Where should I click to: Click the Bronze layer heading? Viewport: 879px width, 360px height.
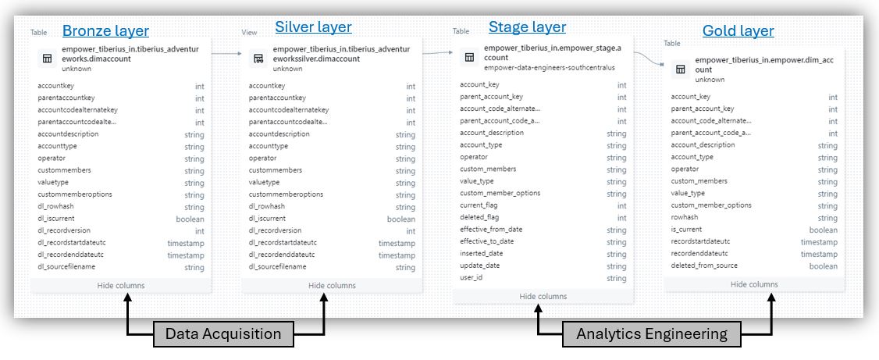pos(105,30)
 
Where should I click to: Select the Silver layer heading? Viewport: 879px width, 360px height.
pos(313,27)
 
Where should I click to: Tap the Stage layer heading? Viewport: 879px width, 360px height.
pos(527,27)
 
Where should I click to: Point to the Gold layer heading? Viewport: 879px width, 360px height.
pos(738,30)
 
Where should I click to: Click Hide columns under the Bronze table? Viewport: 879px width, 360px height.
pos(120,285)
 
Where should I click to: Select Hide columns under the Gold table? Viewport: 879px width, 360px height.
pos(754,284)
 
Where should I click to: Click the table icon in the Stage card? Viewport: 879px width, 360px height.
pos(470,57)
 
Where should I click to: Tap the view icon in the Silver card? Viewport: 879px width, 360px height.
pos(258,59)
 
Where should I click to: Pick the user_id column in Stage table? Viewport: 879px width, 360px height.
pos(471,277)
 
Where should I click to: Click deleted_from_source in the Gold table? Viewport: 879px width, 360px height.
pos(704,266)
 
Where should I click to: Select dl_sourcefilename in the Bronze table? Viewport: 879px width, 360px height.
pos(66,267)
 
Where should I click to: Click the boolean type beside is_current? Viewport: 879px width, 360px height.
pos(823,230)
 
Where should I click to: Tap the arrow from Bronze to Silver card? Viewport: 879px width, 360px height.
pos(226,54)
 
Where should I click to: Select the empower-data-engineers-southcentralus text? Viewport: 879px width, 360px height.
pos(550,68)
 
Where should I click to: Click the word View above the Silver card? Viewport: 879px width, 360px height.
pos(249,33)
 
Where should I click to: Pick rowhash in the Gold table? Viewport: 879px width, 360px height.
pos(685,218)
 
